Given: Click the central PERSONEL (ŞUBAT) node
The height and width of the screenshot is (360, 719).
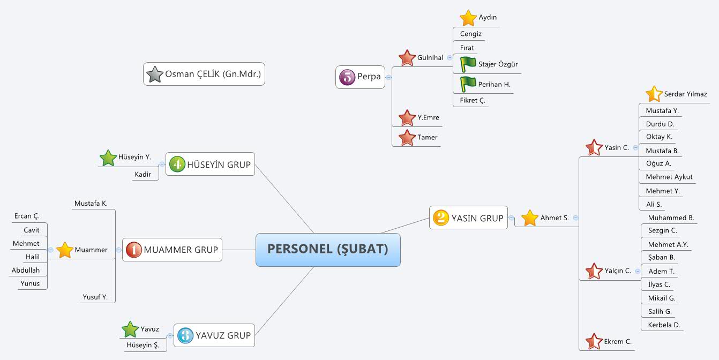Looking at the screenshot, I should point(328,250).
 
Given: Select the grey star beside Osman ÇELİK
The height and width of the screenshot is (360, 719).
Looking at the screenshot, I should point(154,74).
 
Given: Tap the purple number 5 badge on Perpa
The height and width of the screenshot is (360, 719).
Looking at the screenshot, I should point(347,77).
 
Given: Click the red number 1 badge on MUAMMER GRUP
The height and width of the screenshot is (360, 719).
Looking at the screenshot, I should point(134,250).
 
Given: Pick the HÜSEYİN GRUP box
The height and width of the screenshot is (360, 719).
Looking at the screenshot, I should point(210,164).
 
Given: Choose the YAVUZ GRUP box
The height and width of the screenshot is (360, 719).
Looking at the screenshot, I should point(214,335).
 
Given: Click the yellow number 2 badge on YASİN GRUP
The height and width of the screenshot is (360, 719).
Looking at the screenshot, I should point(441,217).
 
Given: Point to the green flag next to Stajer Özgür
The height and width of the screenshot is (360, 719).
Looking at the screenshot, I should point(468,64).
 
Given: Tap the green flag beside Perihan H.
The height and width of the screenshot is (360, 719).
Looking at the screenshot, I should point(468,84).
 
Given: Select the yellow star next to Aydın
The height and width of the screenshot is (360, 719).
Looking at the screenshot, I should point(468,18).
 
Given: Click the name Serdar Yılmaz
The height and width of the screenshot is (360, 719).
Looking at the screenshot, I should point(685,94).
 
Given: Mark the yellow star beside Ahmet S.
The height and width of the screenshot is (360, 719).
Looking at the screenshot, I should point(529,218).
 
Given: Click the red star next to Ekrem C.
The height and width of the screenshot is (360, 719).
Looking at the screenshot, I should point(594,341).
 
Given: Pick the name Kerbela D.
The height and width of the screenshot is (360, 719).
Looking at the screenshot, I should point(664,325).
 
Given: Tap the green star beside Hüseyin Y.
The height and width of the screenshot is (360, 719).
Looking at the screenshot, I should point(108,158).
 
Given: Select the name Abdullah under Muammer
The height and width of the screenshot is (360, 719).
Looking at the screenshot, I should point(26,270).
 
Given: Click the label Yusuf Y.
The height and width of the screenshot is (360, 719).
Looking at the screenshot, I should point(95,297).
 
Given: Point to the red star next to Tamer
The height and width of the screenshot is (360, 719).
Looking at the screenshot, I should point(407,138).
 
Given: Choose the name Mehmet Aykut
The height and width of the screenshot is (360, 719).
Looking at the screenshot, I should point(669,177).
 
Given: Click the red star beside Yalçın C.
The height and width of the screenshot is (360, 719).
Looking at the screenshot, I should point(594,271).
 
